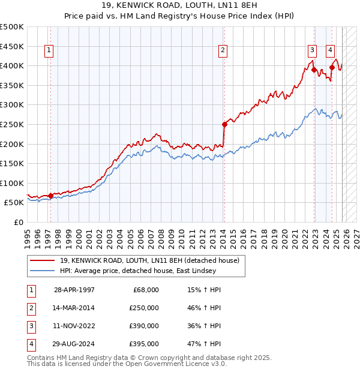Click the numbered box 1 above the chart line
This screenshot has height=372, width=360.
(x=48, y=50)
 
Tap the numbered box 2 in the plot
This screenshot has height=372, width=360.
(x=223, y=50)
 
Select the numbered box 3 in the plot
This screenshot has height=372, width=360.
(x=313, y=50)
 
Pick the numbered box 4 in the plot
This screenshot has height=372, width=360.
(x=331, y=50)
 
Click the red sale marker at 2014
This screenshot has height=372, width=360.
(x=224, y=124)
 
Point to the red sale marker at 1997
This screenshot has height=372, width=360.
(x=50, y=195)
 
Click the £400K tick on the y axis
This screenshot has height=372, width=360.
(x=12, y=65)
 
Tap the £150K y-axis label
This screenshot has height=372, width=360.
(x=12, y=163)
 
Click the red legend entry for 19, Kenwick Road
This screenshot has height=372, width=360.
(x=149, y=260)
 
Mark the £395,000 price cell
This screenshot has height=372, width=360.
(x=145, y=344)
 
